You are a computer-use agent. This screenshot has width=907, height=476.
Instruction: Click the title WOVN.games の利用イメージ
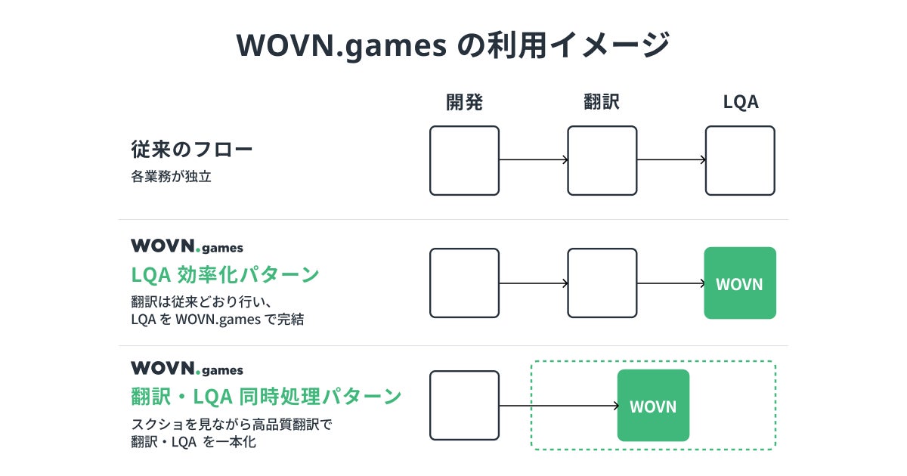pyautogui.click(x=453, y=45)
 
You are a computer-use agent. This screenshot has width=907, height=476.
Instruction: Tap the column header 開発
pyautogui.click(x=464, y=102)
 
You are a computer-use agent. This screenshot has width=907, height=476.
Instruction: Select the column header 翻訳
pyautogui.click(x=602, y=102)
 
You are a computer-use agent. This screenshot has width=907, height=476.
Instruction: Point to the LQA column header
pyautogui.click(x=740, y=102)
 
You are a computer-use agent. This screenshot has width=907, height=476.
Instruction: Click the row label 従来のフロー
pyautogui.click(x=192, y=149)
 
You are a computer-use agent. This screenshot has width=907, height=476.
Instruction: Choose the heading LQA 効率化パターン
pyautogui.click(x=224, y=274)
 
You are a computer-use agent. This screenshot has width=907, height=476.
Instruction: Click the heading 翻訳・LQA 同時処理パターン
pyautogui.click(x=266, y=396)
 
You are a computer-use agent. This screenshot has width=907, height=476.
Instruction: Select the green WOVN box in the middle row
pyautogui.click(x=740, y=283)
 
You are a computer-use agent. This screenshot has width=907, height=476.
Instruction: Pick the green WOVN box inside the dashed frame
pyautogui.click(x=653, y=406)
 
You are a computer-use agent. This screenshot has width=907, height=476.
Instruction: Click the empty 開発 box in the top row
pyautogui.click(x=464, y=160)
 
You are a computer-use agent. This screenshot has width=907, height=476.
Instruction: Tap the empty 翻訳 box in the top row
pyautogui.click(x=602, y=160)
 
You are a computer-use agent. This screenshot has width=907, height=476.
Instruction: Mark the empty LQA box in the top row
pyautogui.click(x=740, y=160)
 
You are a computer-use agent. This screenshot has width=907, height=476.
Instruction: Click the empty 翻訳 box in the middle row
pyautogui.click(x=602, y=283)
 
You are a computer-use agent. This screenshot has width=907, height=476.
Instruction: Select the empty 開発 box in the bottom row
pyautogui.click(x=464, y=406)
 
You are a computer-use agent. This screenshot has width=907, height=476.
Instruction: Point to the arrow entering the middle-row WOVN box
pyautogui.click(x=670, y=284)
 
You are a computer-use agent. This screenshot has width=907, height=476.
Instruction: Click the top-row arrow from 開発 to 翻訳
pyautogui.click(x=533, y=160)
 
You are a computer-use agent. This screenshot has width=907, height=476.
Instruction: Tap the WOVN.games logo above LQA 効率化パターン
pyautogui.click(x=187, y=246)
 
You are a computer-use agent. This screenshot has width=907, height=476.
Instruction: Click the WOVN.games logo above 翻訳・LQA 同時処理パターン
pyautogui.click(x=187, y=369)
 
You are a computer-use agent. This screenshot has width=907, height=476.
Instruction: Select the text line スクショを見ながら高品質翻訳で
pyautogui.click(x=232, y=425)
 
